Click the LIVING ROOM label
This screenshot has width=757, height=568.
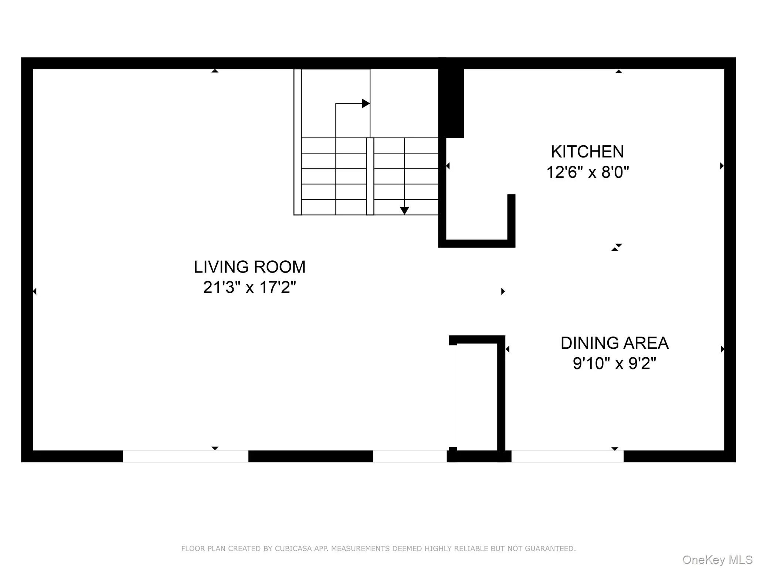249,267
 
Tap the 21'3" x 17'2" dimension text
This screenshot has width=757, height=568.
249,287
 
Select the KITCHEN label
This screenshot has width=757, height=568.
587,152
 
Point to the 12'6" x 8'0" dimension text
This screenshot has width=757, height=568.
587,172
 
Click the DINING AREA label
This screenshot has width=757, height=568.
614,343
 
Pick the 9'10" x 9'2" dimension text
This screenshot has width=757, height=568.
614,364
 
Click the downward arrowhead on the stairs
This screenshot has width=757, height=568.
404,210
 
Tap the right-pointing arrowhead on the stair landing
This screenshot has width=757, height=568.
366,104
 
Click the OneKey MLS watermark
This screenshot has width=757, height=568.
717,559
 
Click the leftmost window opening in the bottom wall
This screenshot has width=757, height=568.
186,456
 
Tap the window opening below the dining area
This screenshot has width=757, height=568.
567,456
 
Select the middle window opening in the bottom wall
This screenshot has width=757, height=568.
410,456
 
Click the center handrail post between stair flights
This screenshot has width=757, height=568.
370,176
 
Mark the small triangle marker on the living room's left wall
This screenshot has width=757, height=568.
34,291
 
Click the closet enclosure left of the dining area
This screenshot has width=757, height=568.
477,396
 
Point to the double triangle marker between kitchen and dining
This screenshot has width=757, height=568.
617,247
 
